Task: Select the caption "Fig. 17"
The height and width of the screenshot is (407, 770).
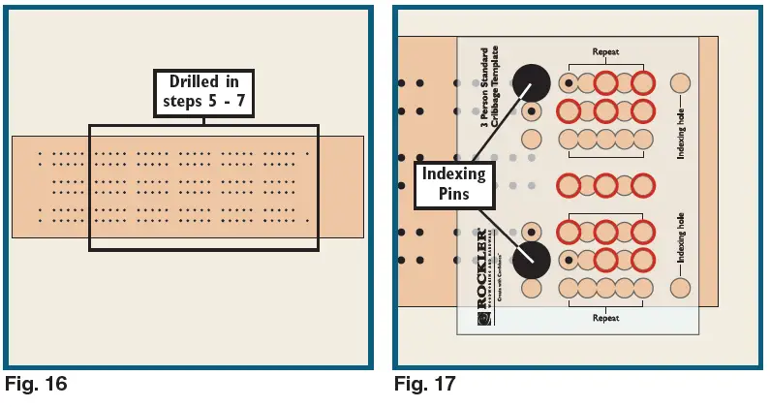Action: tap(424, 385)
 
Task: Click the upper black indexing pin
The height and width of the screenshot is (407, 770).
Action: tap(531, 83)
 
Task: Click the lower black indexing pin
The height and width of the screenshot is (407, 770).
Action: tap(531, 259)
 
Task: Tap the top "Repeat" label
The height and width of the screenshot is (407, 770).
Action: tap(605, 52)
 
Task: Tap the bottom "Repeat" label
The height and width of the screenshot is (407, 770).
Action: tap(605, 317)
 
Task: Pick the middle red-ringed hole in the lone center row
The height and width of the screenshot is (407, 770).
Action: tap(605, 184)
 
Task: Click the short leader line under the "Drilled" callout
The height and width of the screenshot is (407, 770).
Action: tap(203, 118)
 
